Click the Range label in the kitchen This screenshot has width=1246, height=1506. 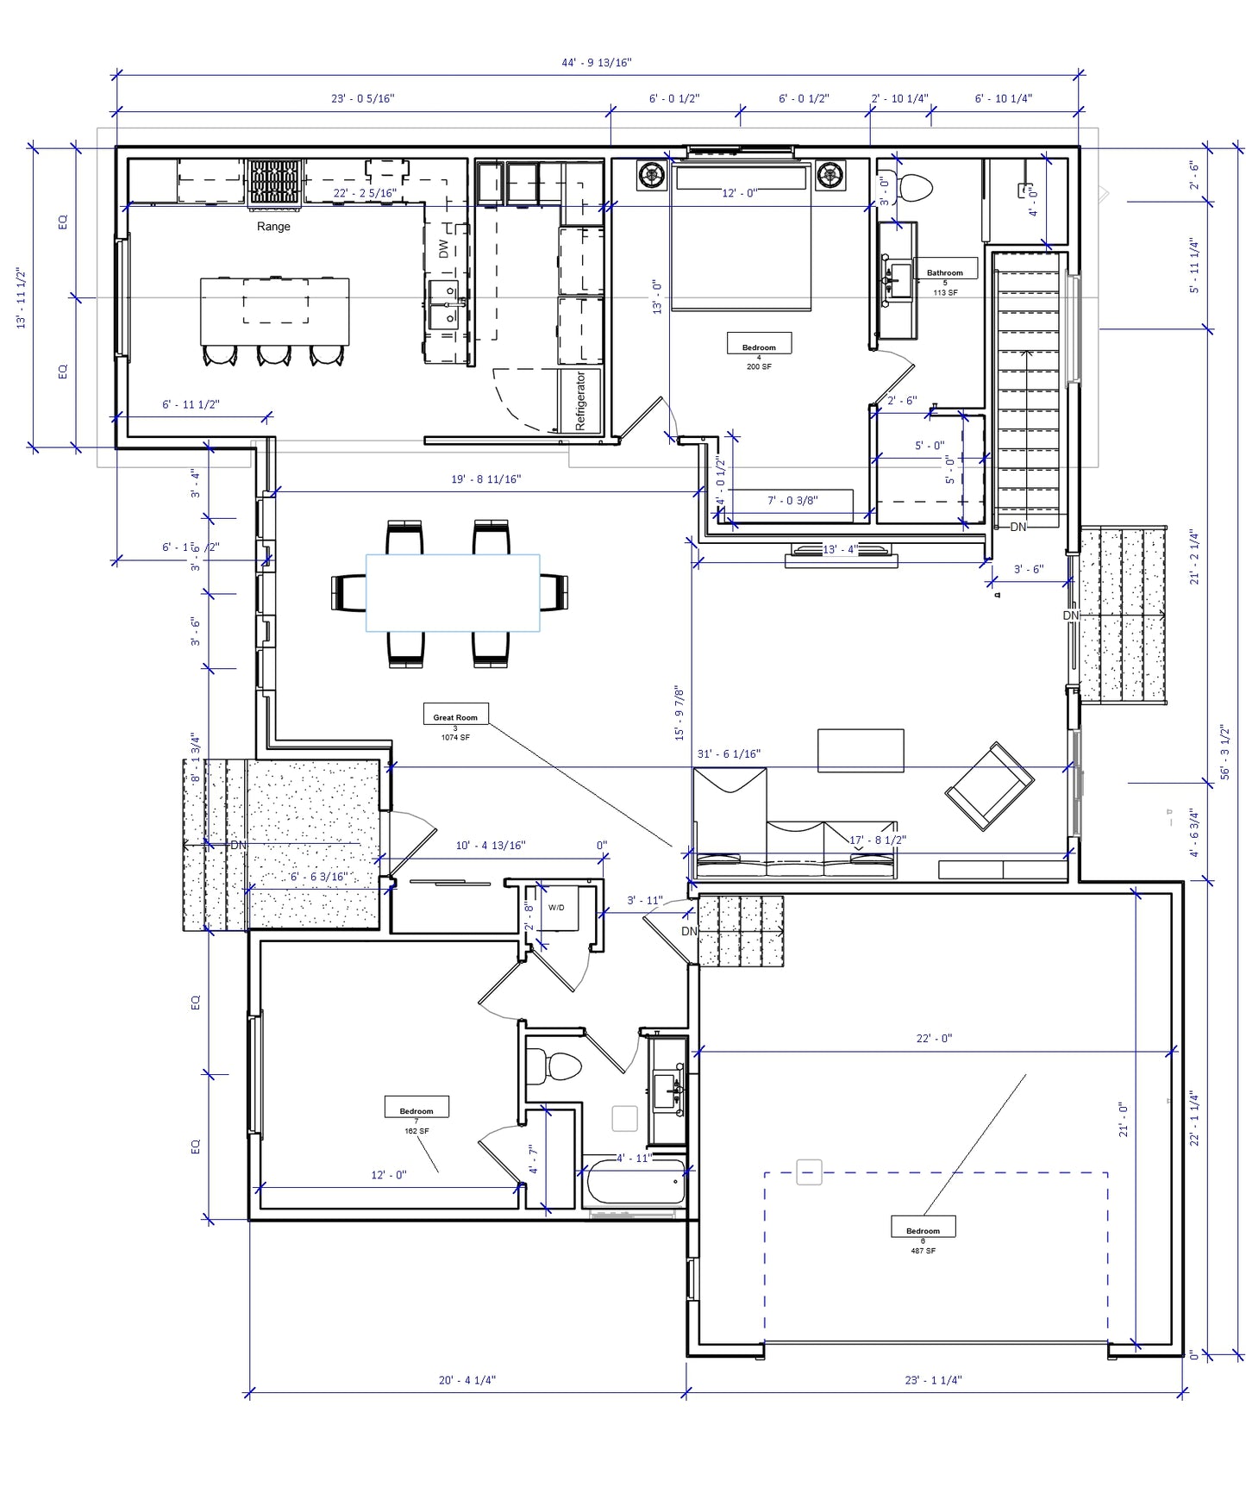tap(273, 227)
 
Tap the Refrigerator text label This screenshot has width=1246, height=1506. tap(580, 402)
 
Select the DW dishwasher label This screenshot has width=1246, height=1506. tap(443, 249)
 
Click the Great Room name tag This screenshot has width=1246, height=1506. tap(455, 716)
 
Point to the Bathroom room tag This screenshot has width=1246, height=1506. tap(945, 272)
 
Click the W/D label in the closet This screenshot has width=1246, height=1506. tap(556, 908)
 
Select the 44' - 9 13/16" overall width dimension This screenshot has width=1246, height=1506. tap(596, 63)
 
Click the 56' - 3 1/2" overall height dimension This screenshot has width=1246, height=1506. tap(1225, 752)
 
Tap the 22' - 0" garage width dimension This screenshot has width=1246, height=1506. tap(934, 1039)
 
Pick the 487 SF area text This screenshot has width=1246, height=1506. tap(923, 1251)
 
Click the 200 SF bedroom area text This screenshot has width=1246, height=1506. tap(759, 367)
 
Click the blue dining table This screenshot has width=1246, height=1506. tap(453, 593)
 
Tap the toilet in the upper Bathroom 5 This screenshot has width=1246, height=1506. tap(914, 188)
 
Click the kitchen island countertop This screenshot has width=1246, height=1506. tap(275, 310)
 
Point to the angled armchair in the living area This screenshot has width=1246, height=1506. tap(989, 786)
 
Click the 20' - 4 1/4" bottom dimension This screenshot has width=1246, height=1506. tap(466, 1380)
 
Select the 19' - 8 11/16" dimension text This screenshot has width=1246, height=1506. tap(485, 479)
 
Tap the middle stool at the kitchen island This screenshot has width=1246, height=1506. tap(274, 354)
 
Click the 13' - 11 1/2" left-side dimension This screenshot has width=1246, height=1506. tap(22, 298)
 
